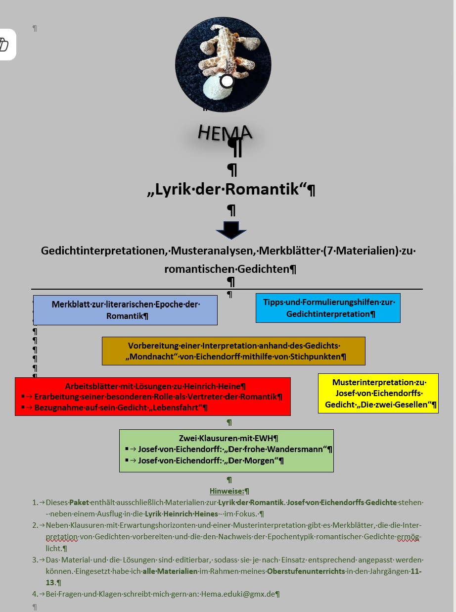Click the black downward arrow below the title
tap(231, 230)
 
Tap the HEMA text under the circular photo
tap(225, 132)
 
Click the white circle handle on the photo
tap(227, 81)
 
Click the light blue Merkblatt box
tap(125, 310)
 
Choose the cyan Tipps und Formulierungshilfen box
tap(328, 308)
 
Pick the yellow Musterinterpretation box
tap(378, 393)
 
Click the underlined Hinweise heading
tap(227, 491)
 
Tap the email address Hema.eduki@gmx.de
tap(238, 594)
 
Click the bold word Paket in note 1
tap(79, 503)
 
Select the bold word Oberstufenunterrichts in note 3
tap(306, 571)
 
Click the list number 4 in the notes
tap(35, 594)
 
